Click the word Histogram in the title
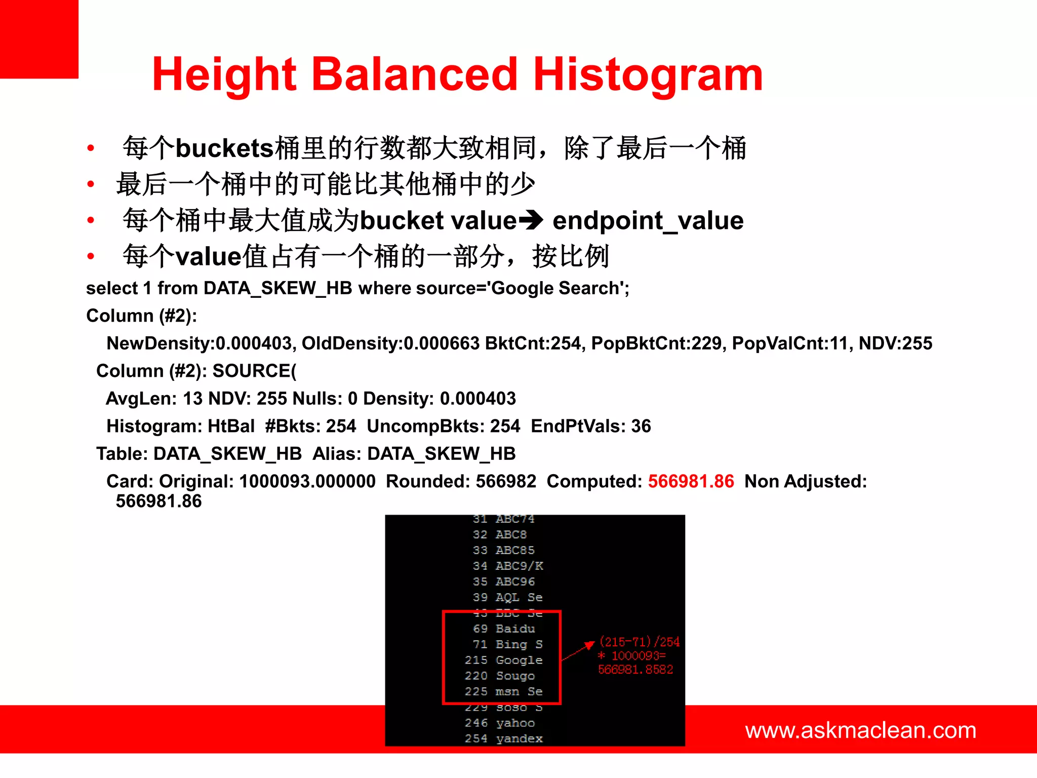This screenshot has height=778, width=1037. [x=648, y=75]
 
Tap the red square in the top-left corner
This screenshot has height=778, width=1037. [x=39, y=39]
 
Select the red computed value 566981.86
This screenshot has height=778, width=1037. [x=691, y=481]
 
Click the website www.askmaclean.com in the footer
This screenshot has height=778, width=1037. [x=860, y=730]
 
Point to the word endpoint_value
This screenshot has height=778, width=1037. [x=648, y=220]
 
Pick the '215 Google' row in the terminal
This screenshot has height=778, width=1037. [x=503, y=660]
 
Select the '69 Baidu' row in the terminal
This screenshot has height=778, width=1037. [x=504, y=629]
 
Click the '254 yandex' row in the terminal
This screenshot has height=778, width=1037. [x=503, y=738]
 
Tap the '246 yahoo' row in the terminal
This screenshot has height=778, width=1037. [x=500, y=723]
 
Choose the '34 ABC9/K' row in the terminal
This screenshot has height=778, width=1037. [x=508, y=566]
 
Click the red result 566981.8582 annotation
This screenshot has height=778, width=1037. [x=635, y=670]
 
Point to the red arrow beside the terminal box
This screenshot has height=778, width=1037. [x=578, y=651]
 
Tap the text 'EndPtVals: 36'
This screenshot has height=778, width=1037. [x=590, y=426]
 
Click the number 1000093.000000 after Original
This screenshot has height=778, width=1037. [x=307, y=481]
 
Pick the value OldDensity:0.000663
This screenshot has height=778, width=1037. [x=390, y=343]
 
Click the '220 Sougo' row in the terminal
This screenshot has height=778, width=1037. [x=500, y=676]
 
